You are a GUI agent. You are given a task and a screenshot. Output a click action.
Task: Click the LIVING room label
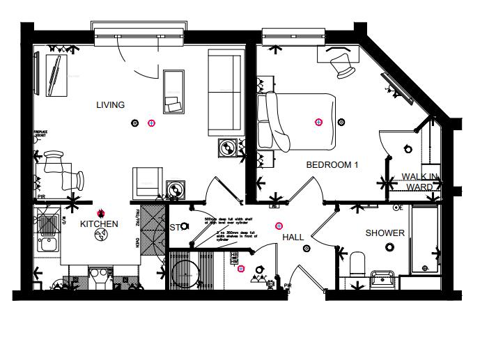[x=111, y=105]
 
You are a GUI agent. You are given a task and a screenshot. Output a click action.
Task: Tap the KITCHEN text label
[x=98, y=224]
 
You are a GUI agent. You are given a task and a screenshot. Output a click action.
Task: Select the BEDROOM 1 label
[x=332, y=165]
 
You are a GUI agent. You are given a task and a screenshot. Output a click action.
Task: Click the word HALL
[x=293, y=237]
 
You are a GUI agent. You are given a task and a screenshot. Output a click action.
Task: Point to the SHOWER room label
[x=385, y=233]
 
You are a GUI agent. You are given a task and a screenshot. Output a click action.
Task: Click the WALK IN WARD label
[x=419, y=182]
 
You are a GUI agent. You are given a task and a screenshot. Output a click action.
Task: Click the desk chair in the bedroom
[x=341, y=63]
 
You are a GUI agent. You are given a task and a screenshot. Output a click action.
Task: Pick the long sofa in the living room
[x=224, y=94]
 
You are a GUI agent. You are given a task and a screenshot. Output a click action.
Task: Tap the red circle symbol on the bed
[x=318, y=122]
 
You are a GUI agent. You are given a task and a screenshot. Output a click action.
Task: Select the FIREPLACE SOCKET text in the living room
[x=43, y=134]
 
